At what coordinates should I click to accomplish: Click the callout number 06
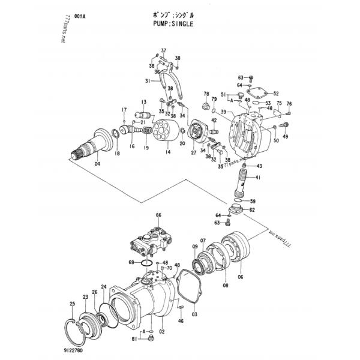240,277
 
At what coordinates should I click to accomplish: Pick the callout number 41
258,178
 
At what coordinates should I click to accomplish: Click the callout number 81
135,340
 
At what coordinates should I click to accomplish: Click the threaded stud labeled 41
245,181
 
